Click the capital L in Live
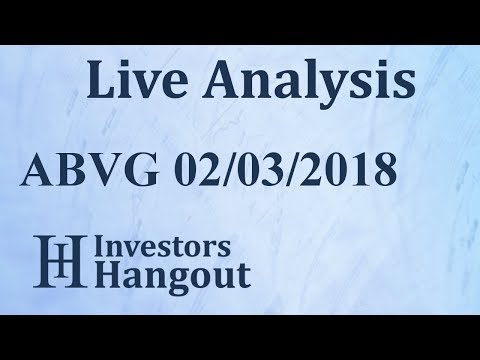[99, 79]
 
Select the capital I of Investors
[101, 248]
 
